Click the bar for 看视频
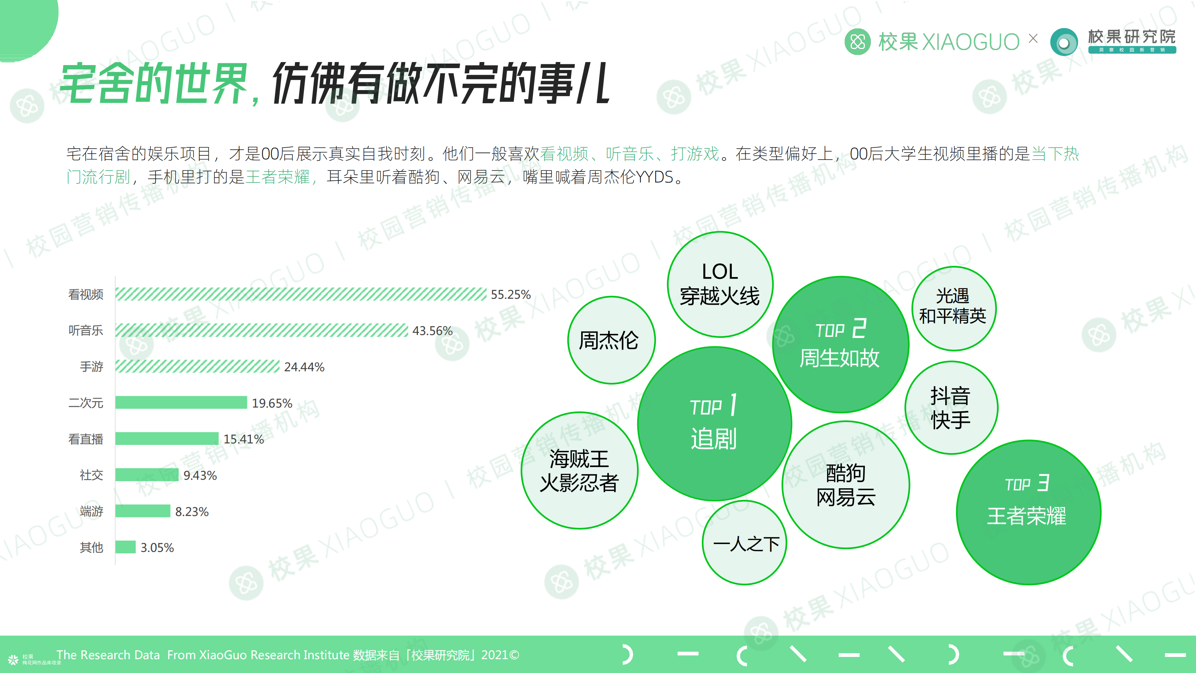point(301,294)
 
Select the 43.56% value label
point(432,331)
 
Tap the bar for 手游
point(197,366)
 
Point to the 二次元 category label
point(86,403)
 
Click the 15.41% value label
point(244,439)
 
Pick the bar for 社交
point(147,475)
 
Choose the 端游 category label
point(92,511)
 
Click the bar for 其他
point(125,547)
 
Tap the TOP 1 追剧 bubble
point(715,424)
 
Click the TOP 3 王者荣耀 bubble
point(1029,512)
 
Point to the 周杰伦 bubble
point(611,340)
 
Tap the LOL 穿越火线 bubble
point(720,284)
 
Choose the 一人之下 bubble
point(745,543)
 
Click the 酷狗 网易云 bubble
point(845,485)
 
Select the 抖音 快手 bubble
point(951,407)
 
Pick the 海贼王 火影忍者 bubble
point(579,470)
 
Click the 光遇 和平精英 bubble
point(954,308)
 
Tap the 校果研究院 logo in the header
point(1113,42)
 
